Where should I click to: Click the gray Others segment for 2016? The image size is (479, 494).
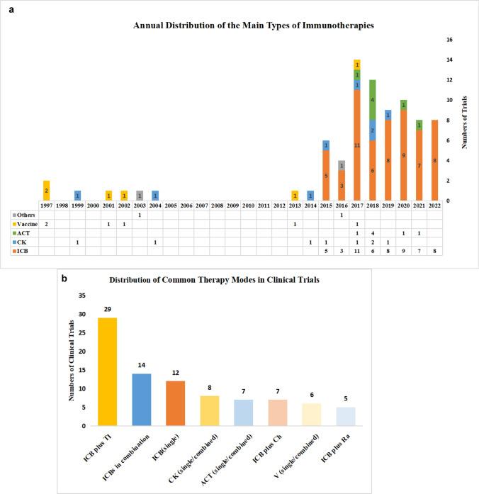342,165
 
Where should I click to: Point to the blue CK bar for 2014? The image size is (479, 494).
310,196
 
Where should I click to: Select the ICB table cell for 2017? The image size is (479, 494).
357,250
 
